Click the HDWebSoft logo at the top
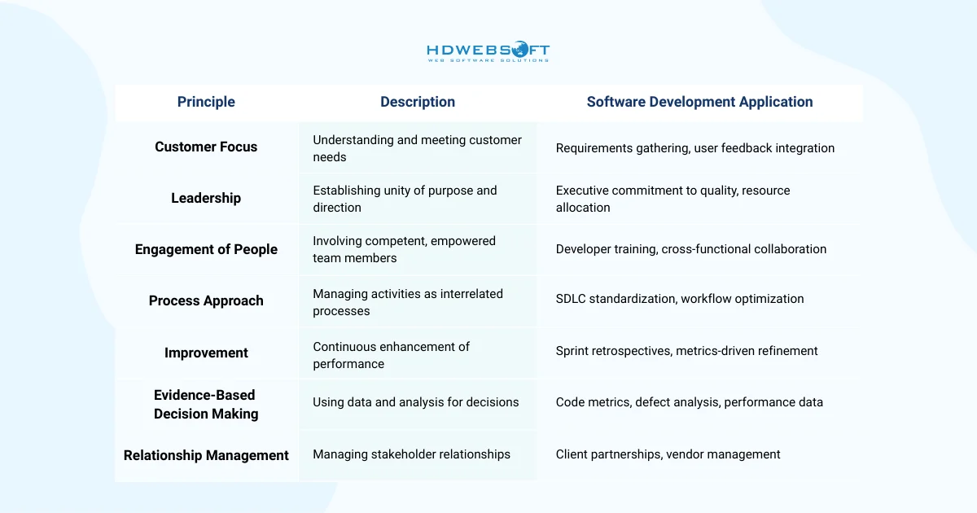[488, 52]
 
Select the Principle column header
[206, 102]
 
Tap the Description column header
[418, 102]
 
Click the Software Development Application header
[699, 102]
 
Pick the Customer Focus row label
[206, 147]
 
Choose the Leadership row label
[206, 198]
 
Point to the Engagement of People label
[206, 249]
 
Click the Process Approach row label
[206, 300]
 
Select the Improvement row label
[206, 353]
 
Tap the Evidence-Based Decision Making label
[206, 404]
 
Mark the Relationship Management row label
[206, 455]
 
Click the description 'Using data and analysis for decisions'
[415, 401]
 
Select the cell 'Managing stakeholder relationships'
[411, 454]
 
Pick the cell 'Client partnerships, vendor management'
[668, 454]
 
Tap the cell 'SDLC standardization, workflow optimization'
[680, 299]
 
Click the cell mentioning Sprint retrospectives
[686, 351]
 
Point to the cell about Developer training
[690, 249]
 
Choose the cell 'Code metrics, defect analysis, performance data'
[689, 401]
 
